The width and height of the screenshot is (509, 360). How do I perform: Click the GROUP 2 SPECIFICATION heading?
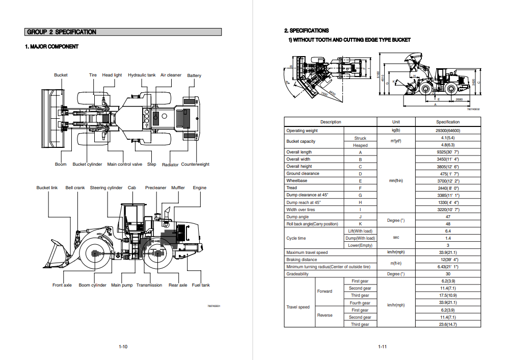coord(62,32)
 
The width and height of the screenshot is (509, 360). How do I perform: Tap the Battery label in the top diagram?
coord(194,76)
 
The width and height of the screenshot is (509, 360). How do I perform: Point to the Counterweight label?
coord(195,164)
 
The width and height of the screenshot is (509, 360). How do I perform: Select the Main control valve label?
coord(125,164)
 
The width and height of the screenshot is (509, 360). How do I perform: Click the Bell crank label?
coord(75,188)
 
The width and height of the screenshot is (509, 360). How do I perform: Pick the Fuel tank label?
coord(201,285)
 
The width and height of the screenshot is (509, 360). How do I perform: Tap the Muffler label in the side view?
coord(178,188)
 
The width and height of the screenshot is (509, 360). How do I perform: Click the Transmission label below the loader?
coord(149,285)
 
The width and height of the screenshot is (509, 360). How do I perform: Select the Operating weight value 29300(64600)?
coord(448,131)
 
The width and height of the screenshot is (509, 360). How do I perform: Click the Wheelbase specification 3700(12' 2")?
coord(448,181)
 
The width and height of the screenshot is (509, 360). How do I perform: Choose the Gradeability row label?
coord(298,274)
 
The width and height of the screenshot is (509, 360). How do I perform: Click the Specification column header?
coord(448,122)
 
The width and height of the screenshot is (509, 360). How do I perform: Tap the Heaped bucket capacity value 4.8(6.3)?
coord(448,145)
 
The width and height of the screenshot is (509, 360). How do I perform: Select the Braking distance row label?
coord(302,260)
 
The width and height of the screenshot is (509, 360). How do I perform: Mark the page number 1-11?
coord(382,347)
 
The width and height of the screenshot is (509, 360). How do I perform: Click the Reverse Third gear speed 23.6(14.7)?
coord(448,324)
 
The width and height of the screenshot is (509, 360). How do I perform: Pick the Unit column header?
coord(396,122)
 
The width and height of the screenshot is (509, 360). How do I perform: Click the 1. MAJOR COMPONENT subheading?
coord(52,47)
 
